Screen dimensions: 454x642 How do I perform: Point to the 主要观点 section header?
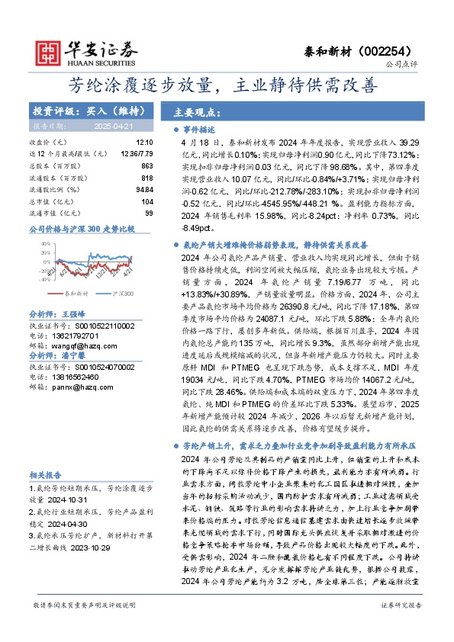[x=197, y=111]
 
